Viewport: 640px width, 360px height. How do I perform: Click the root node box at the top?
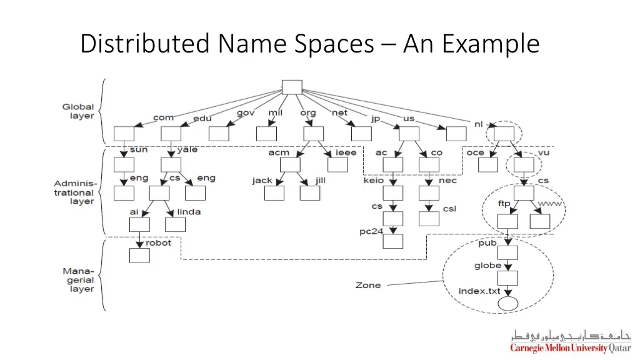coord(292,87)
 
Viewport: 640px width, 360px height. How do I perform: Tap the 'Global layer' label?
coord(78,111)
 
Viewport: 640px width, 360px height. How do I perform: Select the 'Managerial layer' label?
coord(78,280)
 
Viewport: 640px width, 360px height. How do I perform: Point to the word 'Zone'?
coord(367,285)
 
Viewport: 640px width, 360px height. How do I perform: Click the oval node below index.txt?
coord(507,304)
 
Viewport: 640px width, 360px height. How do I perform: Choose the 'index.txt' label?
coord(479,291)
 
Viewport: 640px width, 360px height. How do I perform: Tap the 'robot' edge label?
coord(158,242)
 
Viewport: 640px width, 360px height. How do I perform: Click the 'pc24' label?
coord(371,231)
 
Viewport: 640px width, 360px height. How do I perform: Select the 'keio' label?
coord(373,181)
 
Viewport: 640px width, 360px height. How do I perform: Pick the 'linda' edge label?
coord(189,212)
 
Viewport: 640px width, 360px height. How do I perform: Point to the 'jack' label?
coord(262,181)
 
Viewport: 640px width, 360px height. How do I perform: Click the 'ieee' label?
coord(346,152)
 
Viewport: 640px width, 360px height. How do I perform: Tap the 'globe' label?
coord(487,266)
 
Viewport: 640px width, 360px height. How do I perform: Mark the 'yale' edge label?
coord(187,150)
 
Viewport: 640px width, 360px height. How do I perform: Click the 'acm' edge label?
coord(279,152)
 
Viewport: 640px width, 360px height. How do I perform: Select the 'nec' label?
coord(447,181)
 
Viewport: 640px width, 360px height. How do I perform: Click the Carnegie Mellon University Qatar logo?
coord(571,341)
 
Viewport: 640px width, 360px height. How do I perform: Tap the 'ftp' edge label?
coord(504,204)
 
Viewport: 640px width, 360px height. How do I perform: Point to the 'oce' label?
coord(475,152)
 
